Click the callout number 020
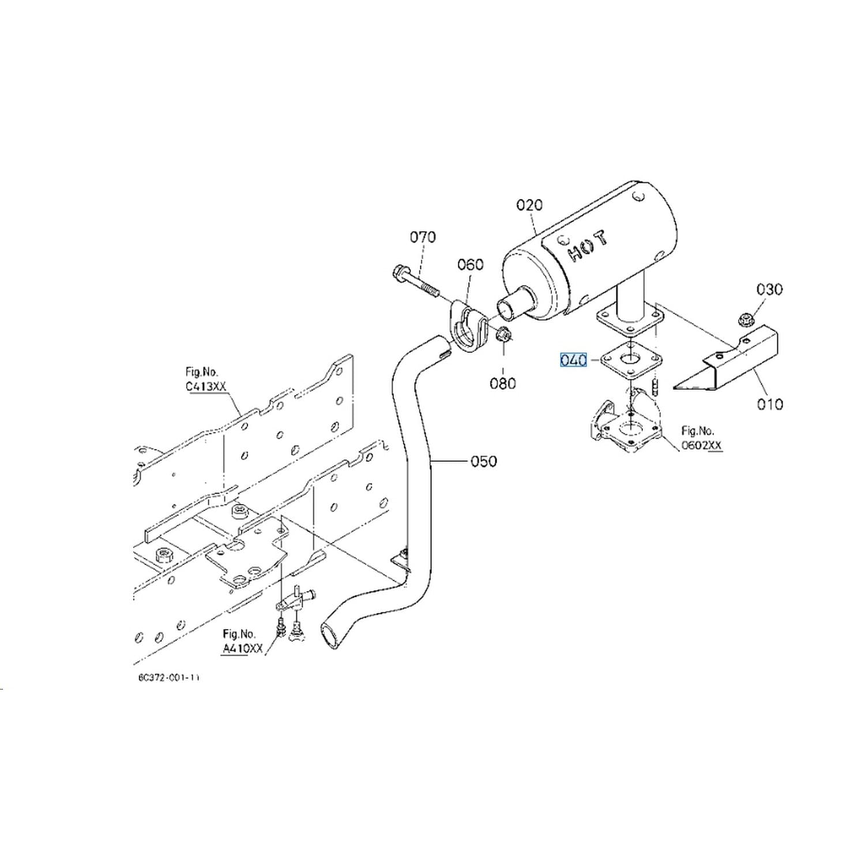[529, 205]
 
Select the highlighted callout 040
[573, 360]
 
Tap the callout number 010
[770, 404]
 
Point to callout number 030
[769, 289]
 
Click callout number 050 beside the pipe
[483, 461]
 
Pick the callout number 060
[470, 265]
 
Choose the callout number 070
[423, 237]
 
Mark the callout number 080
[502, 383]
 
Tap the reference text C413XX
[206, 386]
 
